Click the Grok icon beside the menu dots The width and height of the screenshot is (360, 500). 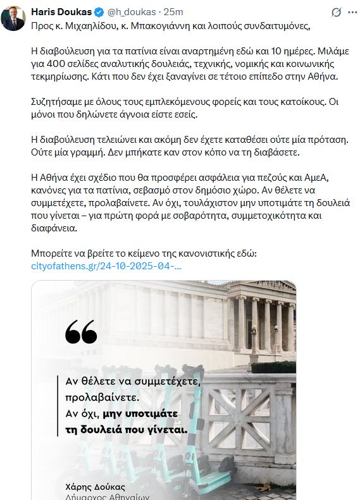coord(335,11)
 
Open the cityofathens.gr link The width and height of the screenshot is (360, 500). coord(106,266)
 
